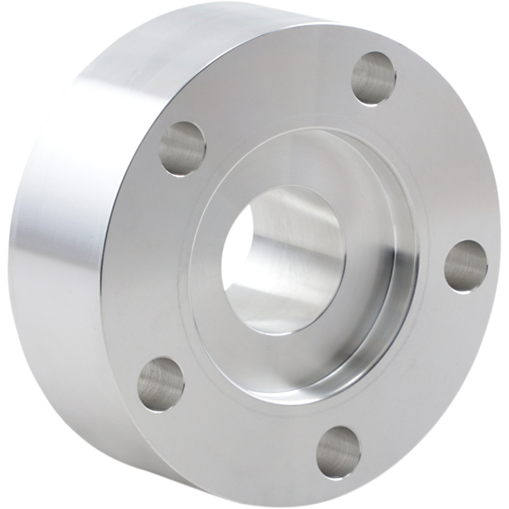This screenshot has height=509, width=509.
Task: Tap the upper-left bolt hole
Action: coord(183,149)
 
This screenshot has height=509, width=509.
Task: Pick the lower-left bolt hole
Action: coord(161,378)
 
